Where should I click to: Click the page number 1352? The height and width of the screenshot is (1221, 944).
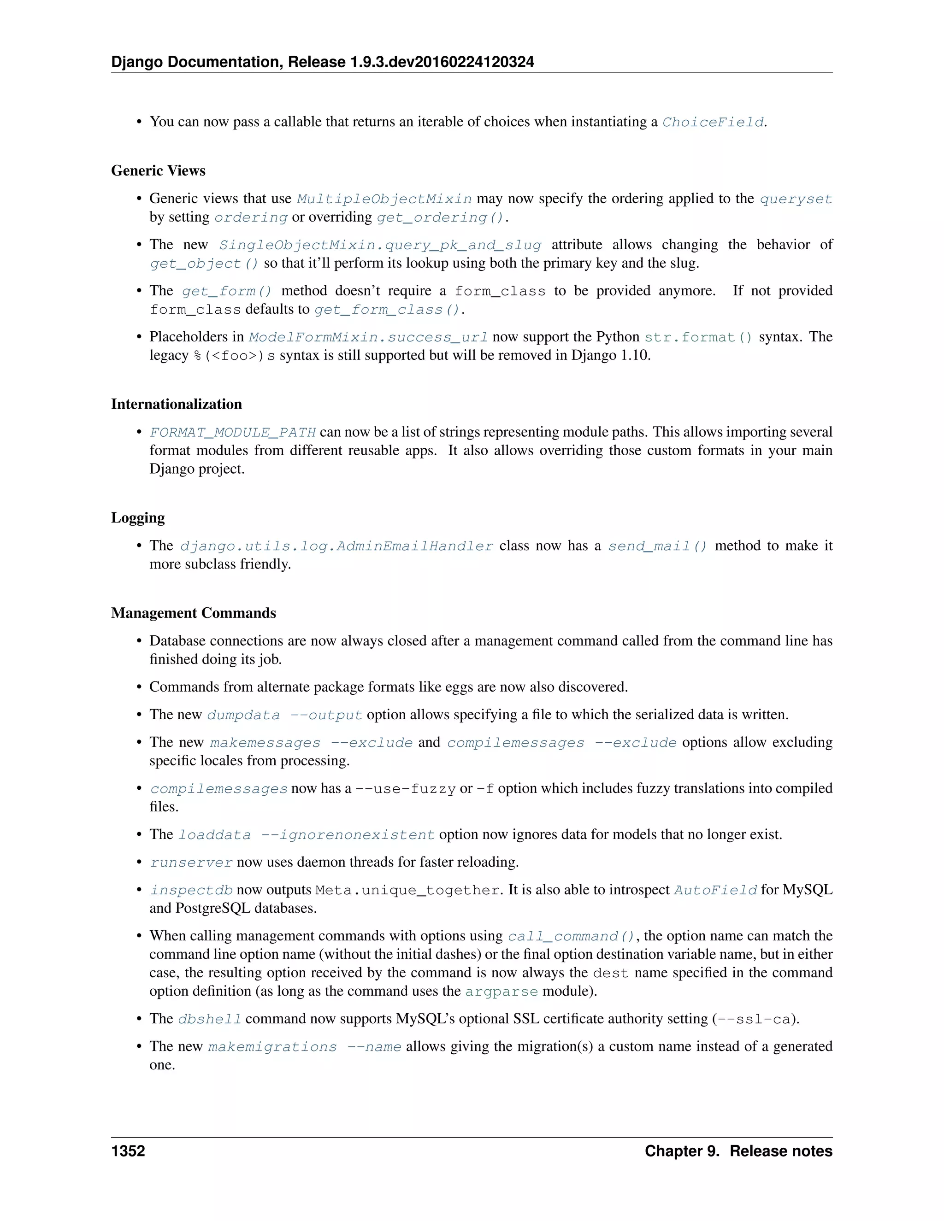(128, 1151)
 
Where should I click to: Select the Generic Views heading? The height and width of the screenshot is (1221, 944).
(158, 170)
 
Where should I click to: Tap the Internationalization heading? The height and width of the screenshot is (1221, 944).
(176, 404)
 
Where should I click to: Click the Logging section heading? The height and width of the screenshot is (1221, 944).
(137, 518)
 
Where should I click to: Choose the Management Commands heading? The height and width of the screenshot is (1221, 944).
(194, 613)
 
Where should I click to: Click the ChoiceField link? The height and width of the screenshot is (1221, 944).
(713, 122)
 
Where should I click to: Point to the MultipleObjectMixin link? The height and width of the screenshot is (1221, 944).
(384, 199)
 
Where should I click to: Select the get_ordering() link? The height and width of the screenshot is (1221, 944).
(440, 217)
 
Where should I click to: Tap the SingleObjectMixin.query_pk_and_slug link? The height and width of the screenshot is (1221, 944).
(380, 245)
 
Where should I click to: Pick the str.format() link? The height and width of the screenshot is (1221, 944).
(698, 337)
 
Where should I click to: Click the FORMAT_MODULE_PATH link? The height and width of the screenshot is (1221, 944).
(233, 432)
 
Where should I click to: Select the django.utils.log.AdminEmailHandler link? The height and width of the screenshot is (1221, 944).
(336, 546)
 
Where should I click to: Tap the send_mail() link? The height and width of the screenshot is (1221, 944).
(658, 546)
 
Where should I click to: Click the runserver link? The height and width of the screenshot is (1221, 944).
(191, 863)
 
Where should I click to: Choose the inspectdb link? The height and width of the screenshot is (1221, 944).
(191, 890)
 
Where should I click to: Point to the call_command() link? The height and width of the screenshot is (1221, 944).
(571, 936)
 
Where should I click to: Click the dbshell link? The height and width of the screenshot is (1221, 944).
(210, 1019)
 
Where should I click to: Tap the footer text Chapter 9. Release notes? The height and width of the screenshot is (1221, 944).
(738, 1151)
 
